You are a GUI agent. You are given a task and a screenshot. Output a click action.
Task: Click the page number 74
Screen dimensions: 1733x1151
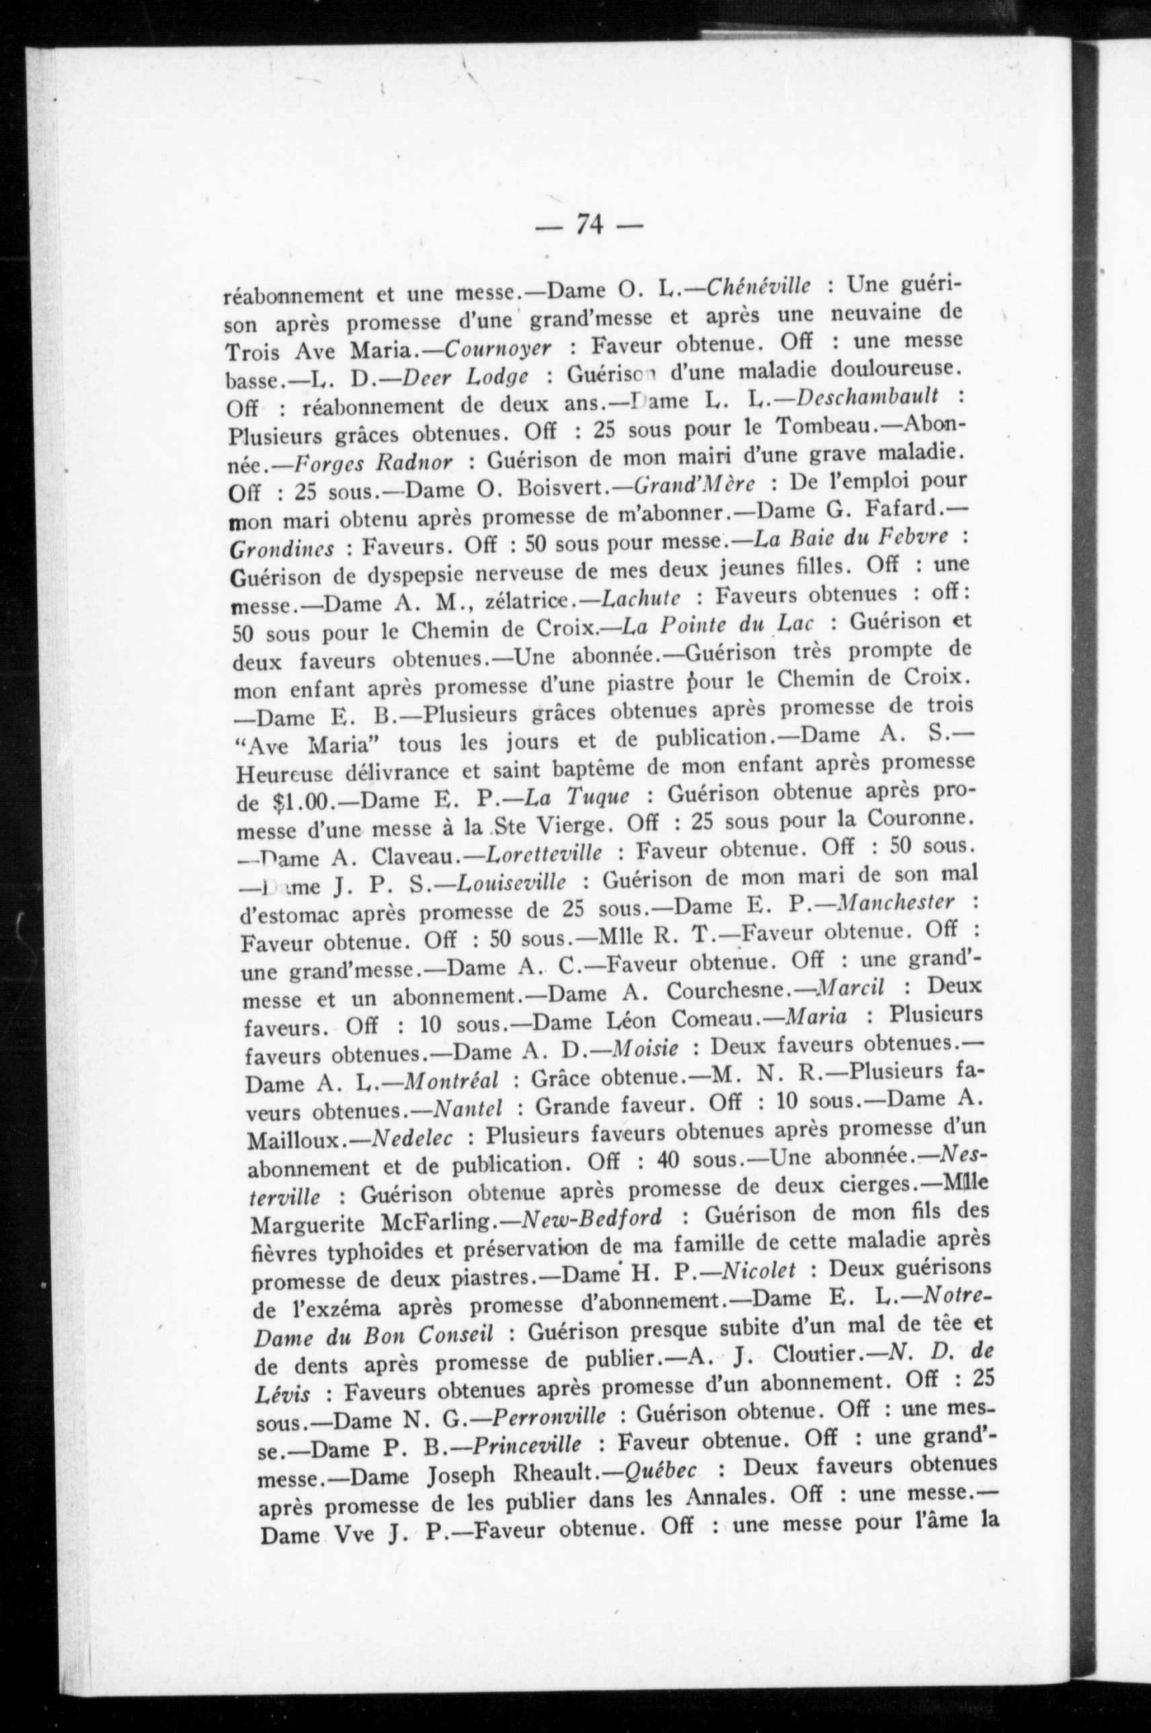click(x=590, y=223)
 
